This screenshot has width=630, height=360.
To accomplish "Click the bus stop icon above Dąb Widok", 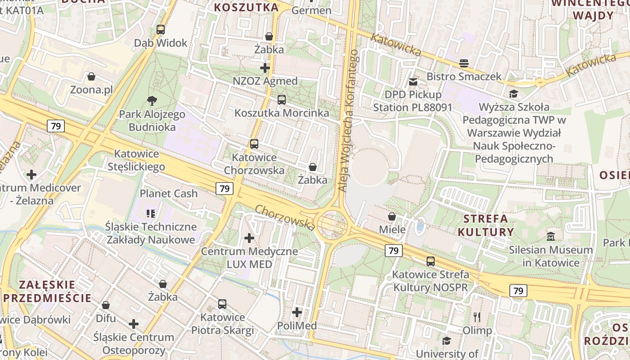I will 161,30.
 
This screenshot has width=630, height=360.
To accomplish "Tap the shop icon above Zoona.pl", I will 91,76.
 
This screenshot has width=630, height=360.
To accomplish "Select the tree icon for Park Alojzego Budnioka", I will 152,101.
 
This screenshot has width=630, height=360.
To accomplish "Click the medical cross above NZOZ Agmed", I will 265,68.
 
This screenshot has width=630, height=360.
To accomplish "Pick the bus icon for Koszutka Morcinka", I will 282,100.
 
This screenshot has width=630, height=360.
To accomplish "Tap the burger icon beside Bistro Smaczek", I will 464,63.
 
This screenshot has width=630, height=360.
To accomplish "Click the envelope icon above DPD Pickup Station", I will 413,82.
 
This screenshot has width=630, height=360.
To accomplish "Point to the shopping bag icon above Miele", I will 392,216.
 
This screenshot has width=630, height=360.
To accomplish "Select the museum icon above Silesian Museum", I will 551,236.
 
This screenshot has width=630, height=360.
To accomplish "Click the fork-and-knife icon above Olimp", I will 477,317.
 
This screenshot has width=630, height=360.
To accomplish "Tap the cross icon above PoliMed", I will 297,312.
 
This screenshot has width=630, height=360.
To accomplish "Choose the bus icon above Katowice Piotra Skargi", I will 222,304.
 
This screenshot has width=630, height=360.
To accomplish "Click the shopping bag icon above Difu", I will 106,305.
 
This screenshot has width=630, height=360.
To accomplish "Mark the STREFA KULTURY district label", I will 485,225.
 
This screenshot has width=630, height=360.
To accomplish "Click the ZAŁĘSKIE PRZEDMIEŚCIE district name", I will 48,291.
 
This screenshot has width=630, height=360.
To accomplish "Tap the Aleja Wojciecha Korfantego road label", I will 348,121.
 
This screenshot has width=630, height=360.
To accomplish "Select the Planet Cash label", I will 169,193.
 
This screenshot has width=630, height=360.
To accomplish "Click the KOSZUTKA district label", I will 246,7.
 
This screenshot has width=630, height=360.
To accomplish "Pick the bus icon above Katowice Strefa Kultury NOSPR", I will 431,261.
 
